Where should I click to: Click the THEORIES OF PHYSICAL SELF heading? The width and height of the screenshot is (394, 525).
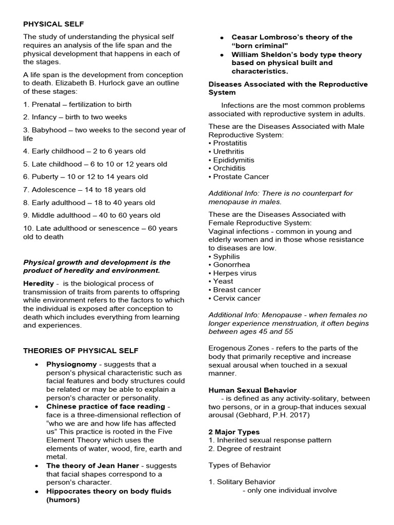click(81, 351)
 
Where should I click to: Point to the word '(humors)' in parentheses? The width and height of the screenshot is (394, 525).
click(63, 500)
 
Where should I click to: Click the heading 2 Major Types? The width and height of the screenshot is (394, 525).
click(234, 432)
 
